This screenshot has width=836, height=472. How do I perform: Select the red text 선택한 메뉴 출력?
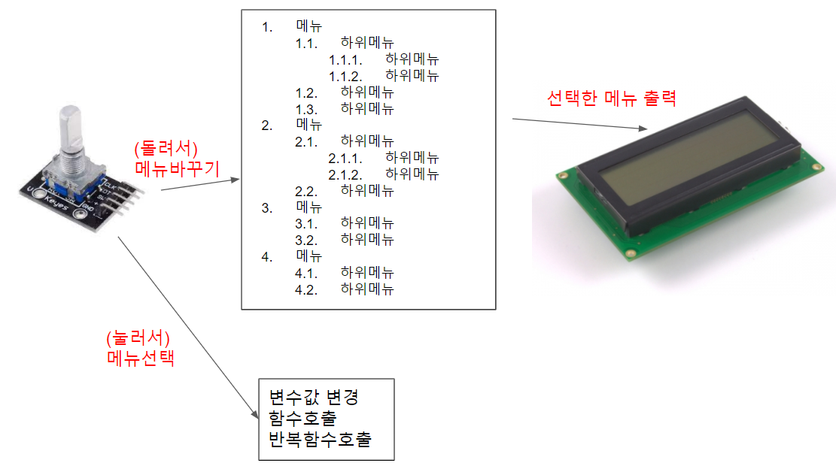coord(611,98)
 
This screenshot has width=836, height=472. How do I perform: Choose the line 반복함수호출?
coord(319,439)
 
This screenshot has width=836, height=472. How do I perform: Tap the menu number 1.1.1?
coord(345,59)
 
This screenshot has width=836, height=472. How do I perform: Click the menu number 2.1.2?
coord(345,174)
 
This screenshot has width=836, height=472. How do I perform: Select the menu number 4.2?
coord(307,289)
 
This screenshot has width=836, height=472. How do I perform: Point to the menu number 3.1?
coord(307,223)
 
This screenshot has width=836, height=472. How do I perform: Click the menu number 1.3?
coord(307,108)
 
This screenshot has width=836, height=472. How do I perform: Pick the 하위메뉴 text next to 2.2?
coord(367,190)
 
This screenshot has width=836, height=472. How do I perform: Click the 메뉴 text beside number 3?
coord(309,207)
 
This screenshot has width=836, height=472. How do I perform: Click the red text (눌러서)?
coord(141,337)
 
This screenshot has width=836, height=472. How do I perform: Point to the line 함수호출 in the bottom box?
coord(302,418)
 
